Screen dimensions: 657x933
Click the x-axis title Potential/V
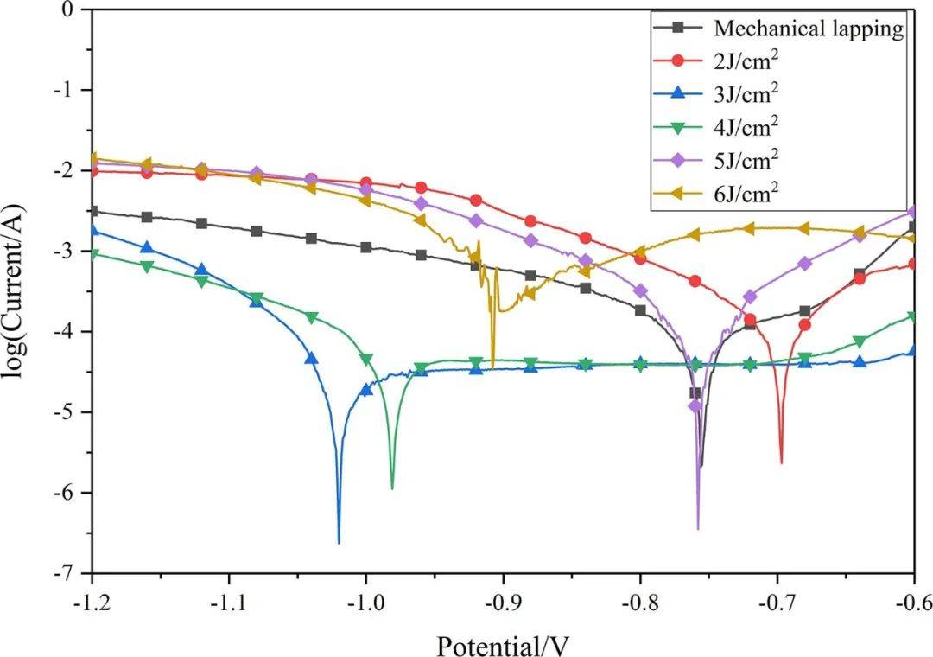[x=504, y=645]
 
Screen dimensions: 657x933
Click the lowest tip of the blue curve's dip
[x=339, y=543]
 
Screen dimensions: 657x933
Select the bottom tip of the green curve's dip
[x=392, y=488]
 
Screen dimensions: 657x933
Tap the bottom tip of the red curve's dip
[x=781, y=463]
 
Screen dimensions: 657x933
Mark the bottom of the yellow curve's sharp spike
[x=492, y=367]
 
